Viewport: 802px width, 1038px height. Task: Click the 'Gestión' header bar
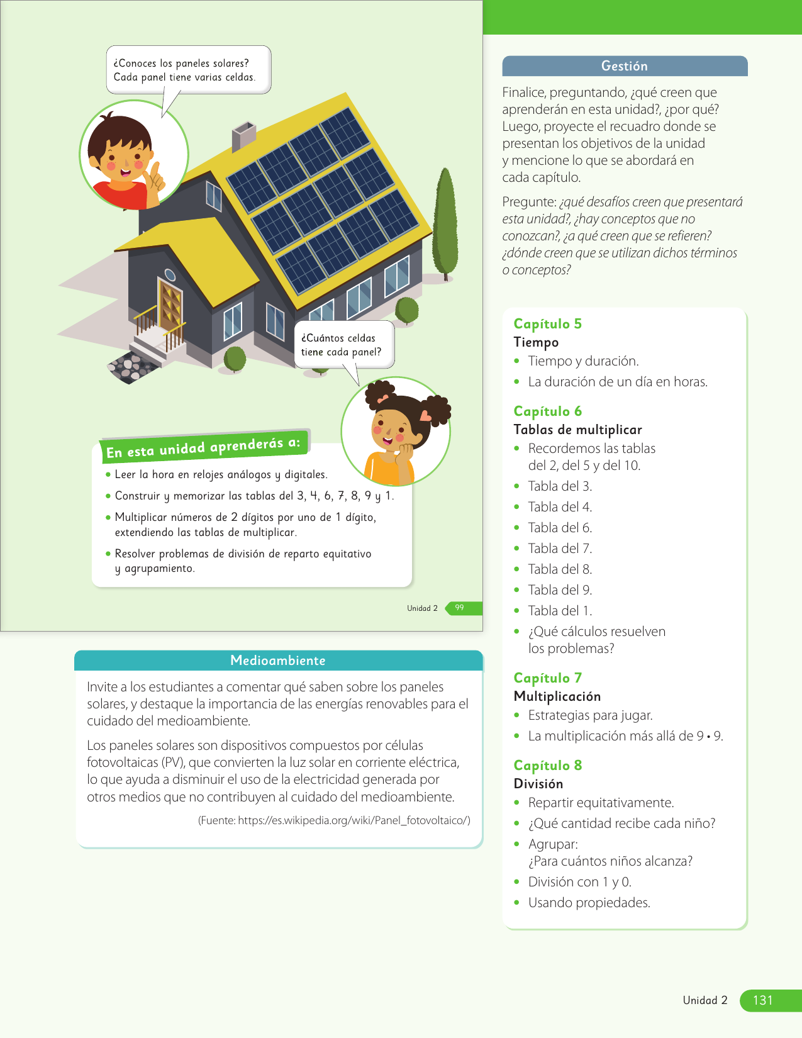point(624,66)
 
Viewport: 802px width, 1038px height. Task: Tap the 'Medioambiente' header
point(278,661)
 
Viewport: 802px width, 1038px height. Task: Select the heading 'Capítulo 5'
point(547,324)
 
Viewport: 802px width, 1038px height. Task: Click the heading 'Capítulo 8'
point(547,766)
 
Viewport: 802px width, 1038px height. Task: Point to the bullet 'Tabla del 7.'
point(560,549)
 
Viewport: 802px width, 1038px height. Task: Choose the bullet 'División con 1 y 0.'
point(579,882)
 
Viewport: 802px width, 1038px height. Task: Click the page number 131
point(762,1000)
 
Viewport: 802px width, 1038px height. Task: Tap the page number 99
point(460,608)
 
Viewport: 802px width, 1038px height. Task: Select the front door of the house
point(170,307)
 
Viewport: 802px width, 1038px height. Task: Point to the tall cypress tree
point(445,223)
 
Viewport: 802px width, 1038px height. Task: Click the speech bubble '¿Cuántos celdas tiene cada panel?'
point(343,345)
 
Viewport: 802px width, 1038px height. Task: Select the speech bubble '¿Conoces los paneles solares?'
point(188,70)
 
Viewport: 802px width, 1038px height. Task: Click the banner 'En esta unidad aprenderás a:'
point(203,447)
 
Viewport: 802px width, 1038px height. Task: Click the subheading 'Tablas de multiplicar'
point(577,430)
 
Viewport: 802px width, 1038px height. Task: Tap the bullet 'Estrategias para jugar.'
point(590,715)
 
